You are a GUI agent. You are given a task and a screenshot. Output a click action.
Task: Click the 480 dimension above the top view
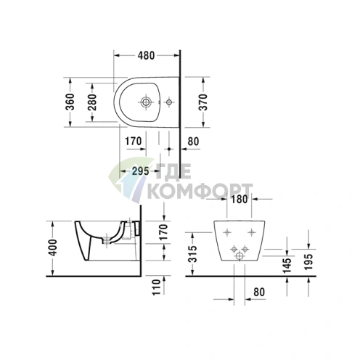146,56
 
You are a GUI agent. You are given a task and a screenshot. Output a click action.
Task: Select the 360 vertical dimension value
70,102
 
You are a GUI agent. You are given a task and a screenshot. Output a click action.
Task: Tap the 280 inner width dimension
92,102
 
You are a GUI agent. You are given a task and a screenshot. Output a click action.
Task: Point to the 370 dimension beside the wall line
203,102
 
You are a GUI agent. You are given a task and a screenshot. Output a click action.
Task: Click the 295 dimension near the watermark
141,171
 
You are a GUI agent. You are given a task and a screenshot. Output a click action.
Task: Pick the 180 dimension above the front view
239,199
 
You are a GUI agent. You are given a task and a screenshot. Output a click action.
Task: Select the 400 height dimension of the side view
53,247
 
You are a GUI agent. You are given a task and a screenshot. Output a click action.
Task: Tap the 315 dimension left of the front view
192,254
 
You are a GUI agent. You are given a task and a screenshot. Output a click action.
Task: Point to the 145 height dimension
287,265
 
